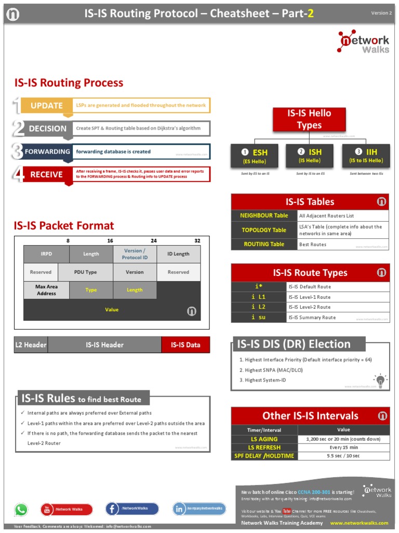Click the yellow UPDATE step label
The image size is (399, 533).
[46, 106]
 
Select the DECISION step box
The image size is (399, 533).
[47, 129]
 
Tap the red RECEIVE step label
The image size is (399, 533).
[46, 174]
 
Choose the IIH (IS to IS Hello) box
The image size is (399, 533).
[366, 156]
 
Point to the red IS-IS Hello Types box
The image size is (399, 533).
[309, 119]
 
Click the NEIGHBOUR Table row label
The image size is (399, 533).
[264, 215]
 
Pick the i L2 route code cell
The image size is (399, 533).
[258, 307]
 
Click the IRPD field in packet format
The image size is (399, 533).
[46, 254]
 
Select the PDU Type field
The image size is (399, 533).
[85, 272]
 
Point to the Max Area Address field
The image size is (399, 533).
[46, 290]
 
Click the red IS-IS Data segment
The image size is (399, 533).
[185, 345]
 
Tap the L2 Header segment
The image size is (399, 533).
[31, 345]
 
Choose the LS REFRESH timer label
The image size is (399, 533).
[264, 447]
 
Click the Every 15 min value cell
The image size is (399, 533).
[343, 447]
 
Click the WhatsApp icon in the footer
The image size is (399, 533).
[21, 510]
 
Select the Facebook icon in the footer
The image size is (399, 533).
[113, 509]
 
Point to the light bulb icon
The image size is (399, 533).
[380, 380]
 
